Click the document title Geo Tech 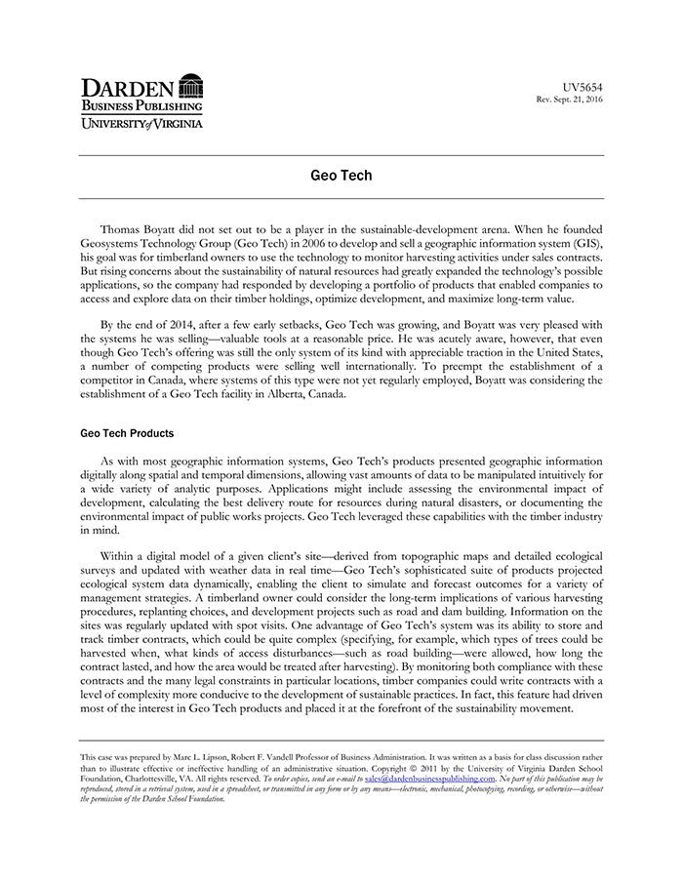point(341,177)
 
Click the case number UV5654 point(583,87)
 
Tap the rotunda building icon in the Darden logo point(191,85)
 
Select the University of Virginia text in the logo point(142,123)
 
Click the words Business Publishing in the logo point(142,105)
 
